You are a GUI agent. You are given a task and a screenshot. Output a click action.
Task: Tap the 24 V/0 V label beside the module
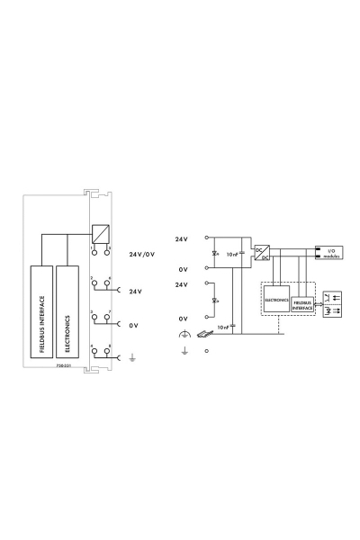click(x=143, y=255)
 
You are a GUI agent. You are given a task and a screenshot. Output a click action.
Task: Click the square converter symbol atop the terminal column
click(x=100, y=231)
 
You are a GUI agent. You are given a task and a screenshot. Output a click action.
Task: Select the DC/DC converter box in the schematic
click(x=262, y=252)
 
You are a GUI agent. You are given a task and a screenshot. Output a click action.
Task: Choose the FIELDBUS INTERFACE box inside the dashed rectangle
click(x=304, y=304)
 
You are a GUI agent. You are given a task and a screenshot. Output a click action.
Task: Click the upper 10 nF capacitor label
click(x=232, y=255)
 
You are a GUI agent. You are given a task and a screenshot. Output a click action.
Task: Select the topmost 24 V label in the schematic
click(x=181, y=238)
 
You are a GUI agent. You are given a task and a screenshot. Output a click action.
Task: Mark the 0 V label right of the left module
click(x=133, y=325)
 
